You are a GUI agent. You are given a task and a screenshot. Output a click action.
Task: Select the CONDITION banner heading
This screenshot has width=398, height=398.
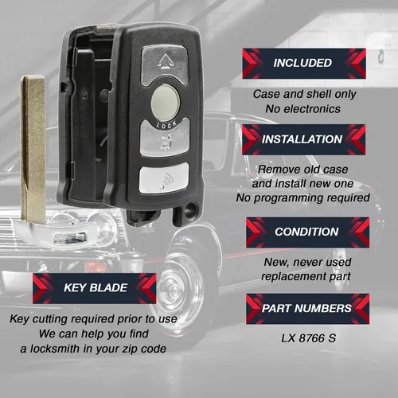307,232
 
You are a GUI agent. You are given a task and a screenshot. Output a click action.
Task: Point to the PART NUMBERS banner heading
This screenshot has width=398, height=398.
307,309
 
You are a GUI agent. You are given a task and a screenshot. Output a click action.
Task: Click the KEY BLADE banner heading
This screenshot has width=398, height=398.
95,288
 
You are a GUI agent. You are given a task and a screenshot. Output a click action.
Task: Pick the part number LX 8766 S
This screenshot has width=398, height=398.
309,338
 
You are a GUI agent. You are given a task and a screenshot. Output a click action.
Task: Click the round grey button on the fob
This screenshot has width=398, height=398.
166,103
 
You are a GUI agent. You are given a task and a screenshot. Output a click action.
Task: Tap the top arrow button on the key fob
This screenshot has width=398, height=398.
165,64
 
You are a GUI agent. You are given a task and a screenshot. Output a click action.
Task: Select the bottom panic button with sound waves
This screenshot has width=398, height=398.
164,178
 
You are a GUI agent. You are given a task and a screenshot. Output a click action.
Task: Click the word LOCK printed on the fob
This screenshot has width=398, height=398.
166,125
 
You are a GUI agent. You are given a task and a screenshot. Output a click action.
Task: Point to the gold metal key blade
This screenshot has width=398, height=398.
33,149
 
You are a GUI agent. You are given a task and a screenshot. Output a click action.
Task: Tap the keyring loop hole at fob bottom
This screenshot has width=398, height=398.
189,212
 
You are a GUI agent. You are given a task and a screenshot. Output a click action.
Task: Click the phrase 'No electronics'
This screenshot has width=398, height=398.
303,109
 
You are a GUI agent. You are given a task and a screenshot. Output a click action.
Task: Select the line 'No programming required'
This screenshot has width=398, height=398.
303,197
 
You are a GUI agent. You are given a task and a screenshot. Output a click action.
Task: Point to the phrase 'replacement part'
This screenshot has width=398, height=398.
306,276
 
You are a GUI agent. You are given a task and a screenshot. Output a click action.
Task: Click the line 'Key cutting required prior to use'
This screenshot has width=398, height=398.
93,319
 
